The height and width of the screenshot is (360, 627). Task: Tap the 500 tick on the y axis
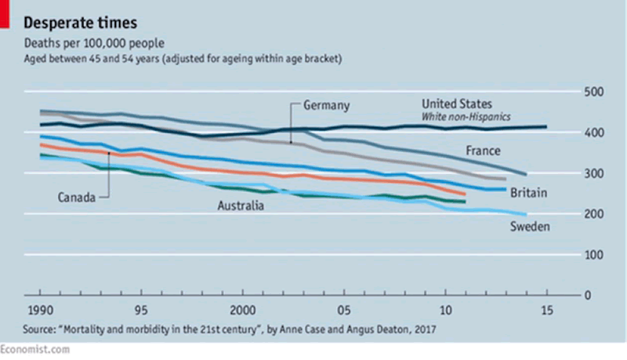595,93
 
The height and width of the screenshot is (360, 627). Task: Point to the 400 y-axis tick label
595,133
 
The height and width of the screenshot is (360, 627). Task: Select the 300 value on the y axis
595,174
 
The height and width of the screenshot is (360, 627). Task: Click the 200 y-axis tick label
595,214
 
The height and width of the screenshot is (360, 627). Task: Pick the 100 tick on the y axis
595,255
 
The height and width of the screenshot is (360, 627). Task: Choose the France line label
484,151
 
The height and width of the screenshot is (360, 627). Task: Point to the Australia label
241,206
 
